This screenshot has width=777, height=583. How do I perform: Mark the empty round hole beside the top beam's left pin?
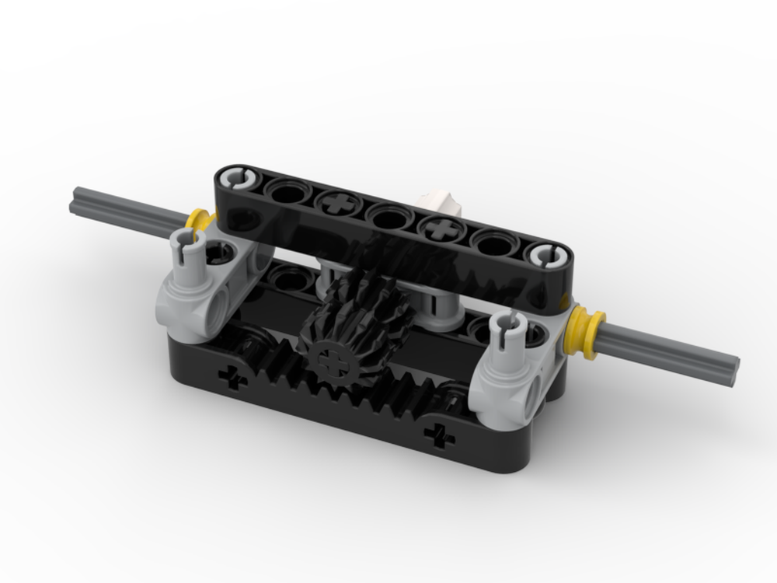(285, 190)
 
